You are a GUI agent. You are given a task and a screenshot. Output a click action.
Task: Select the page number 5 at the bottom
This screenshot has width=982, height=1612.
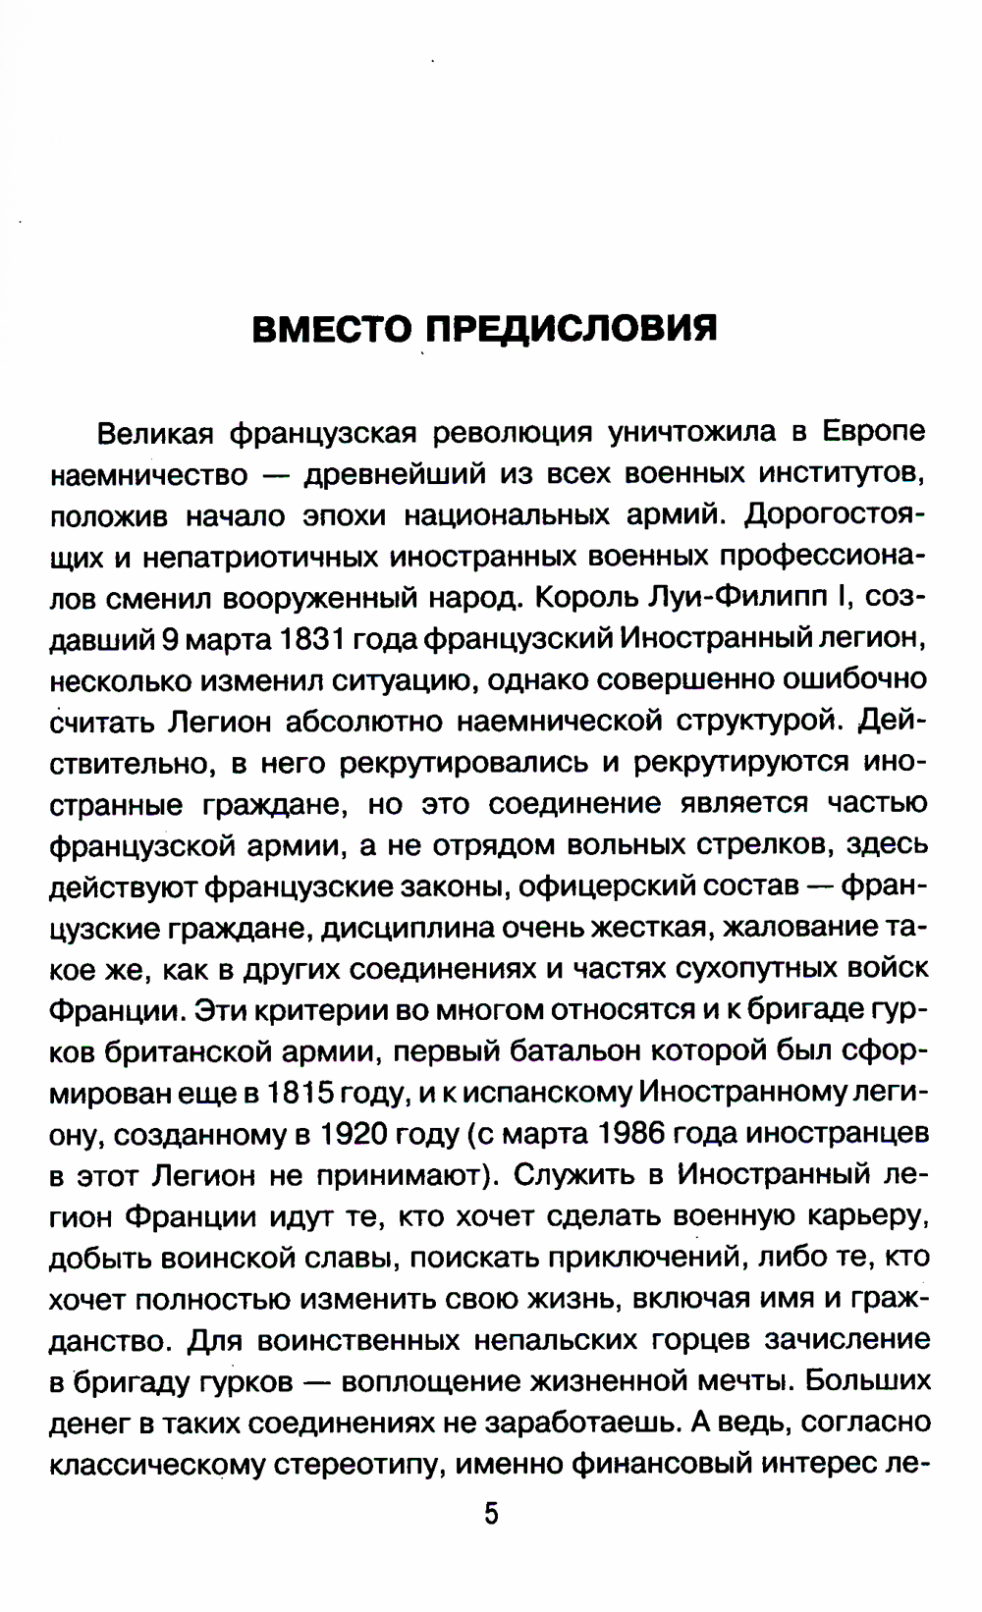(x=491, y=1513)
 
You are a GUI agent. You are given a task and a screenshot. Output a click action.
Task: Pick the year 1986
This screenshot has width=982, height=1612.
(x=647, y=1134)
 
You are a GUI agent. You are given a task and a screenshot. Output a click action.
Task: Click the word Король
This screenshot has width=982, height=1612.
(x=588, y=597)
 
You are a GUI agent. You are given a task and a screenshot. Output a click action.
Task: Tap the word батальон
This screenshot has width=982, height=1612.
(x=576, y=1051)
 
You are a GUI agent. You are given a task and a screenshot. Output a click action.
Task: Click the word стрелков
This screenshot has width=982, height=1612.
(x=772, y=845)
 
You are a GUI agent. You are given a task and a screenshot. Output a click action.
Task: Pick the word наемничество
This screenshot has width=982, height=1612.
(x=149, y=474)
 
